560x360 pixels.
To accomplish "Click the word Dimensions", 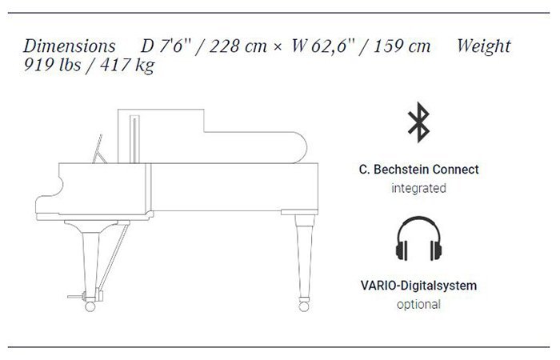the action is point(70,46).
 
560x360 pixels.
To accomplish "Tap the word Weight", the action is point(484,46).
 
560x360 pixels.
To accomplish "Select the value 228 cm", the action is point(238,46).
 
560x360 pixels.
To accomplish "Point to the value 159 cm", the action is point(402,46).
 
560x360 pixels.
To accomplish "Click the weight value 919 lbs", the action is point(52,65).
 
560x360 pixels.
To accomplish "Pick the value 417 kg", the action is point(127,66).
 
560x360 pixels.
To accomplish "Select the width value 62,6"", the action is point(328,46).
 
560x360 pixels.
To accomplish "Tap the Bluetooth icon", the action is point(419,122).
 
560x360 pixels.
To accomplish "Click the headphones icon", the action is point(418,238).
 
